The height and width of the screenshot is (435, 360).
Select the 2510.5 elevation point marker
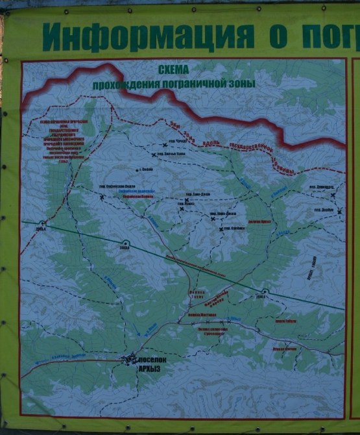point(265,293)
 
